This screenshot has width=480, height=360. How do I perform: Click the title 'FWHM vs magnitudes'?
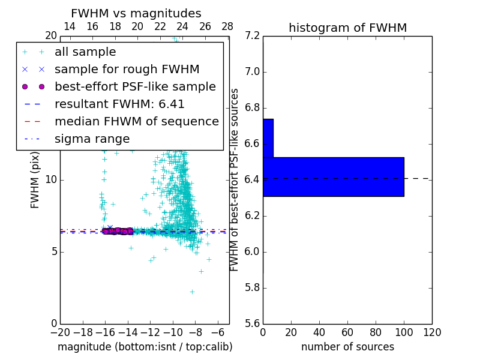pyautogui.click(x=136, y=14)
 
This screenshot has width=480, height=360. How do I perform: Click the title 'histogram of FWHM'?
pyautogui.click(x=347, y=28)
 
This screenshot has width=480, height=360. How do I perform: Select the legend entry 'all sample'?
pyautogui.click(x=85, y=52)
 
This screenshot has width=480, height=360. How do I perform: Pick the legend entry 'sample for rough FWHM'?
pyautogui.click(x=127, y=70)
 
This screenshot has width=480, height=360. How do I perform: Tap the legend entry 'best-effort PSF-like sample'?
pyautogui.click(x=135, y=87)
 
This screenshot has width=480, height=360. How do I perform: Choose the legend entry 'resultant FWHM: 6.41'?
pyautogui.click(x=119, y=104)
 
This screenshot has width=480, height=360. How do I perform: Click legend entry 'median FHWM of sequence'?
pyautogui.click(x=136, y=122)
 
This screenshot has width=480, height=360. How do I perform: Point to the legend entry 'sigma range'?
pyautogui.click(x=92, y=139)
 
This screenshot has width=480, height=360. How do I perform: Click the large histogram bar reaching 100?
pyautogui.click(x=333, y=176)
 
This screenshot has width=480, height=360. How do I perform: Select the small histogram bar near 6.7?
pyautogui.click(x=268, y=138)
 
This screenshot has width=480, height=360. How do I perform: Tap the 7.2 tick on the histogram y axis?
pyautogui.click(x=252, y=36)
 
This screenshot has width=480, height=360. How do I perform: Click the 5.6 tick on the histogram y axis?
pyautogui.click(x=252, y=324)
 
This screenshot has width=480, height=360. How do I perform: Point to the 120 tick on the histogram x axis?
pyautogui.click(x=432, y=332)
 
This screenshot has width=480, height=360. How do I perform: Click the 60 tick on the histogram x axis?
pyautogui.click(x=347, y=332)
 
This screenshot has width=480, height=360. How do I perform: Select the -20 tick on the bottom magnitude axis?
pyautogui.click(x=60, y=332)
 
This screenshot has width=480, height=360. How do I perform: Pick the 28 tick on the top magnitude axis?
pyautogui.click(x=227, y=26)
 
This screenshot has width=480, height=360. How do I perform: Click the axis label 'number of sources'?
pyautogui.click(x=347, y=347)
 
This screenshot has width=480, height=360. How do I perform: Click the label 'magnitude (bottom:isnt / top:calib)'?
pyautogui.click(x=145, y=347)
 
